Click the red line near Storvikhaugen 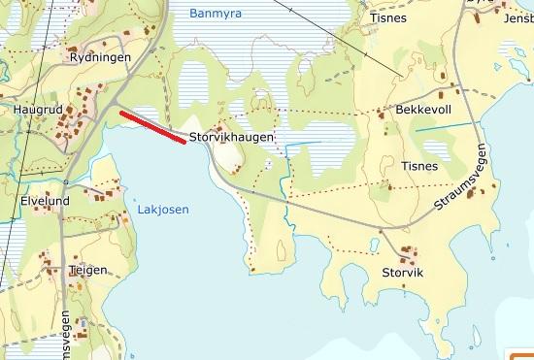click(152, 127)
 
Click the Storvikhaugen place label click(232, 138)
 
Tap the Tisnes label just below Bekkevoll click(419, 166)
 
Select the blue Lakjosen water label click(162, 210)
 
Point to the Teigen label click(87, 271)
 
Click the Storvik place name click(403, 273)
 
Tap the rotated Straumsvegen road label click(462, 182)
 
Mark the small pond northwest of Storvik click(375, 245)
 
